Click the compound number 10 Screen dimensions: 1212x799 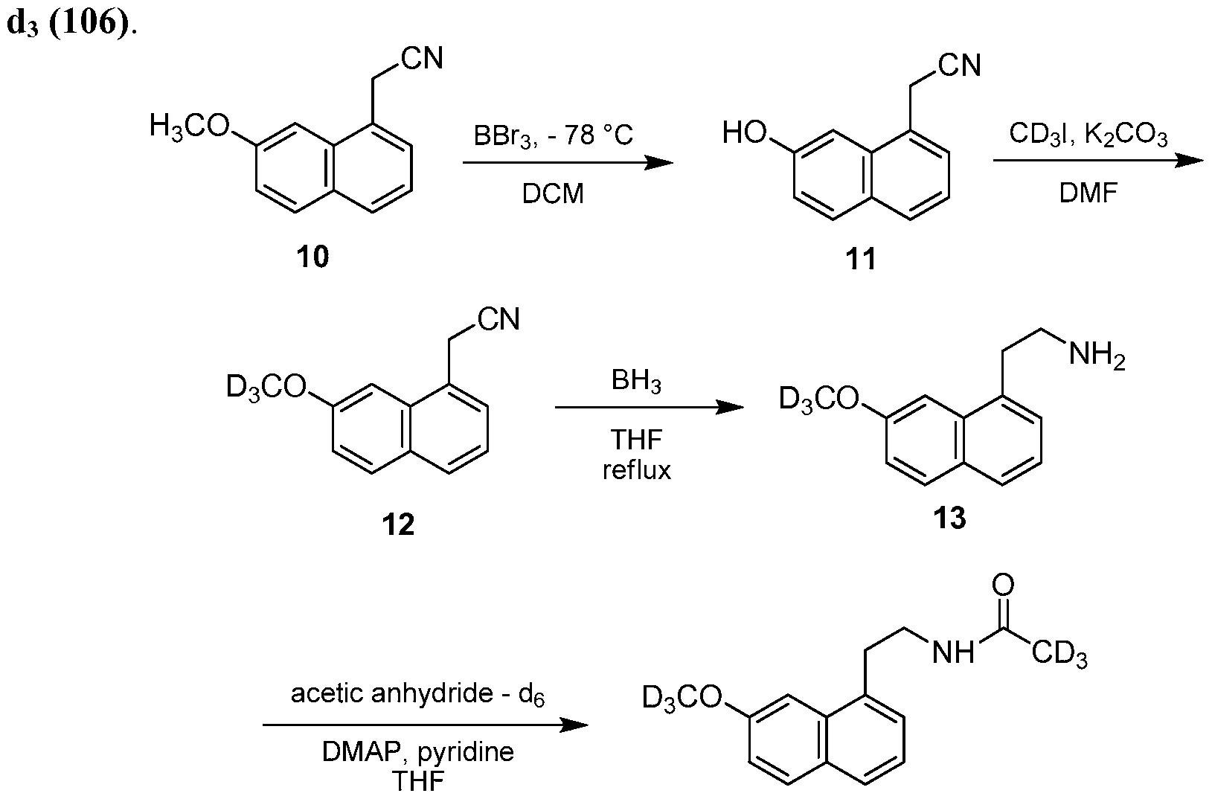pos(312,257)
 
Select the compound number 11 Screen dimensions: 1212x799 pos(860,259)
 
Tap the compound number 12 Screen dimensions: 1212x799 pos(398,524)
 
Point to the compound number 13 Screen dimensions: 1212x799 pos(949,518)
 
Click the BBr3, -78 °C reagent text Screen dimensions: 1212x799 pos(553,136)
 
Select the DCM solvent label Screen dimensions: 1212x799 pos(553,193)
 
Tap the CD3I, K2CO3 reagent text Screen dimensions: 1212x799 pos(1088,135)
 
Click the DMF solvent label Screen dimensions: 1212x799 pos(1088,193)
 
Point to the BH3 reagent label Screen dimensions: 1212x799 pos(636,382)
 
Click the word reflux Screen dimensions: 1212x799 pos(637,469)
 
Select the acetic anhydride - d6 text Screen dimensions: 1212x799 pos(417,694)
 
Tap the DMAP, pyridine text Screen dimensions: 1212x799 pos(417,751)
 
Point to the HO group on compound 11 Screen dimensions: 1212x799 pos(745,132)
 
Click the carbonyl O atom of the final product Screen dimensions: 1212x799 pos(1003,586)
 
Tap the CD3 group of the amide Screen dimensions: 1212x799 pos(1059,655)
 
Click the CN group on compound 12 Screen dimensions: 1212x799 pos(498,319)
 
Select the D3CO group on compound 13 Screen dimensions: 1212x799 pos(819,400)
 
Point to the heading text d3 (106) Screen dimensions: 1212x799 pos(71,23)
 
